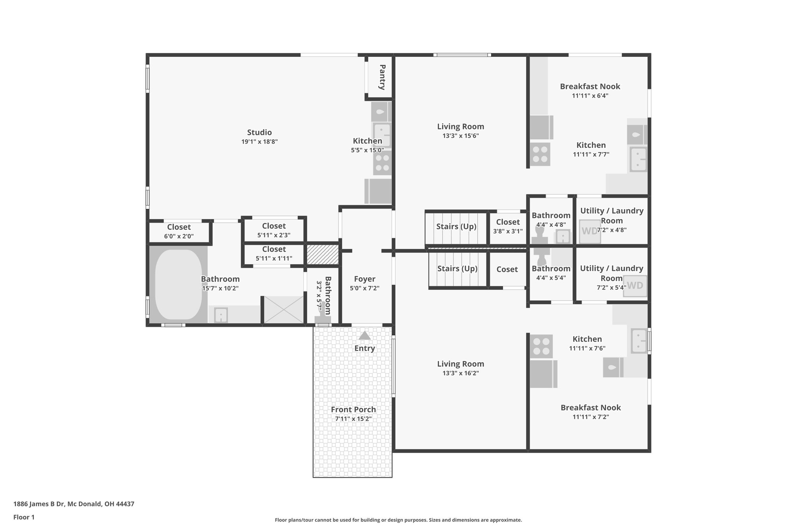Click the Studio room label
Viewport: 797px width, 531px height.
pyautogui.click(x=259, y=132)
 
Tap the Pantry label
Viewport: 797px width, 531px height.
pyautogui.click(x=382, y=77)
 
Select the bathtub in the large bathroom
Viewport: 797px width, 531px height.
pyautogui.click(x=179, y=284)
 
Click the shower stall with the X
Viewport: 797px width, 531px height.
pyautogui.click(x=284, y=310)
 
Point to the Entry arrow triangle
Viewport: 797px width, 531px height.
pyautogui.click(x=365, y=336)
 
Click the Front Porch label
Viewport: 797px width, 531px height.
pyautogui.click(x=353, y=409)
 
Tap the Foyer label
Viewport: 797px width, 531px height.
pyautogui.click(x=365, y=279)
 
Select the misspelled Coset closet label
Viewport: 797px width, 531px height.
pyautogui.click(x=507, y=269)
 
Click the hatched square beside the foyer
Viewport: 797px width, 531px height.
pyautogui.click(x=323, y=254)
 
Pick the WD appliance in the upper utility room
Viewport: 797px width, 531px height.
pyautogui.click(x=590, y=231)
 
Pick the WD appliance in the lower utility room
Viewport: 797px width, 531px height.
pyautogui.click(x=635, y=286)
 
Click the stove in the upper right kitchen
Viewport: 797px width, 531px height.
pyautogui.click(x=540, y=154)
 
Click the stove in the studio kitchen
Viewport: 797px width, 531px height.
pyautogui.click(x=382, y=163)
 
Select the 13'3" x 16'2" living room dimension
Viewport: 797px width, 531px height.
pyautogui.click(x=460, y=373)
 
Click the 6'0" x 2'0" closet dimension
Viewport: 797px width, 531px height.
pyautogui.click(x=179, y=236)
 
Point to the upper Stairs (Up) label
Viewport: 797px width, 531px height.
pyautogui.click(x=456, y=226)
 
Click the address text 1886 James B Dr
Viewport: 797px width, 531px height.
pyautogui.click(x=74, y=504)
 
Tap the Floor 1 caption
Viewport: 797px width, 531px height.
pyautogui.click(x=24, y=517)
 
